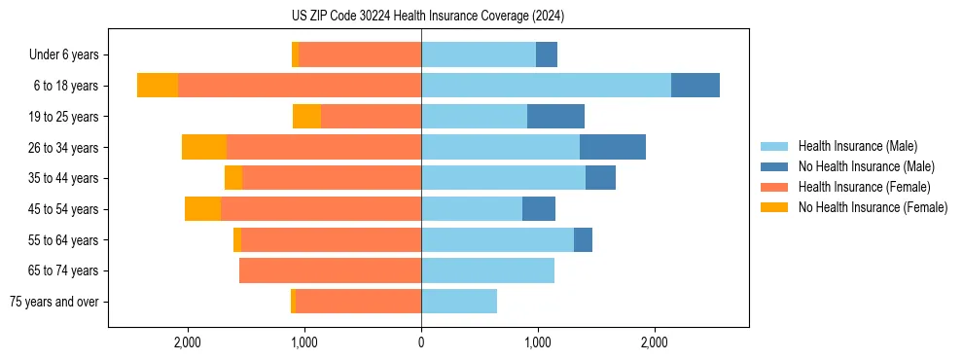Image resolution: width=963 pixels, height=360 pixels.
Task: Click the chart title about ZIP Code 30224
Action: coord(421,16)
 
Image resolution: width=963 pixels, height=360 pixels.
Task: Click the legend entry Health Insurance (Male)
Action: coord(857,146)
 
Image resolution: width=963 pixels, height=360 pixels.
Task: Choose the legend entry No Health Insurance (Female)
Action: coord(872,207)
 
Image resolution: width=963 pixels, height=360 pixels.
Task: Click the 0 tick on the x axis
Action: coord(421,342)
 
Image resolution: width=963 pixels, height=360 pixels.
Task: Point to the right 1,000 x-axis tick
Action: coord(538,342)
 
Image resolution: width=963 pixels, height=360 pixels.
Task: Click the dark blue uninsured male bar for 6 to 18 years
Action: coord(695,86)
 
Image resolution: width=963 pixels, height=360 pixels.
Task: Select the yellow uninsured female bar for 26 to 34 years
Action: coord(204,147)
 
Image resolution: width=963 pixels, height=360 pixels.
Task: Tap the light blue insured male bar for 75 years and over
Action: coord(459,302)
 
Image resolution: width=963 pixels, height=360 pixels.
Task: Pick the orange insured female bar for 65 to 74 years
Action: coord(331,270)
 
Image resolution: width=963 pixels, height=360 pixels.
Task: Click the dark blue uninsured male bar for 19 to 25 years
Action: coord(555,117)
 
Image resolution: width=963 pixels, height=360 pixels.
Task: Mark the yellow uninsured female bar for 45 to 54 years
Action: coord(202,209)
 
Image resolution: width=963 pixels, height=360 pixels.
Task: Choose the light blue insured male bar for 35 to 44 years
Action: coord(503,178)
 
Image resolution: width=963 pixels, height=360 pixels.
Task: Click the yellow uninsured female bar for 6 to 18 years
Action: coord(158,86)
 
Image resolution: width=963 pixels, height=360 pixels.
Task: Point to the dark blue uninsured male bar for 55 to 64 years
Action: coord(583,239)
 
